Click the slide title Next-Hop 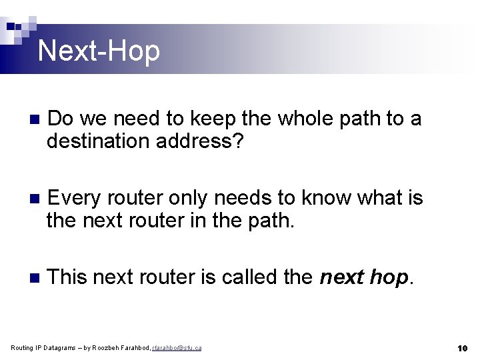99,51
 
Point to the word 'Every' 75,197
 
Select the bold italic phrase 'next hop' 363,276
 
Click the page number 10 463,348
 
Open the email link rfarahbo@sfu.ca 177,348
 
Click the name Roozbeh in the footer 105,348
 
